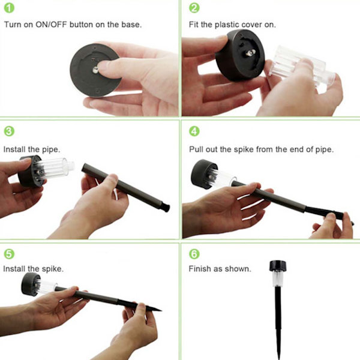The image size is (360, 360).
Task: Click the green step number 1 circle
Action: click(9, 8)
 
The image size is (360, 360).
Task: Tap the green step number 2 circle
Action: click(194, 8)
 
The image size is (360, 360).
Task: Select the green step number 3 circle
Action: click(9, 131)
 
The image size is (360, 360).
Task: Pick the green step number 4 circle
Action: click(194, 131)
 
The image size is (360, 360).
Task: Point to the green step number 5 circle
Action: click(9, 254)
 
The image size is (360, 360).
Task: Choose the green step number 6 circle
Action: click(194, 254)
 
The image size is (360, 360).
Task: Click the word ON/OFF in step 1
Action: click(51, 25)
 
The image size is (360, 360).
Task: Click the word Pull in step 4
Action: click(196, 149)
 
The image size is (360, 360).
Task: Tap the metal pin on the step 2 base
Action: click(250, 53)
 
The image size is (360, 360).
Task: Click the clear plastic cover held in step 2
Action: click(301, 66)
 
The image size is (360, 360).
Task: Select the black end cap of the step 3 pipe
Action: click(166, 207)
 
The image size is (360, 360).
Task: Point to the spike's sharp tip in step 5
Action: click(161, 311)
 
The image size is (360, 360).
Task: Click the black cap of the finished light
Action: click(278, 266)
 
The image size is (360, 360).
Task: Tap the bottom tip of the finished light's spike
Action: click(279, 358)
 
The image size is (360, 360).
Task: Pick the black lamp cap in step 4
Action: click(203, 173)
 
